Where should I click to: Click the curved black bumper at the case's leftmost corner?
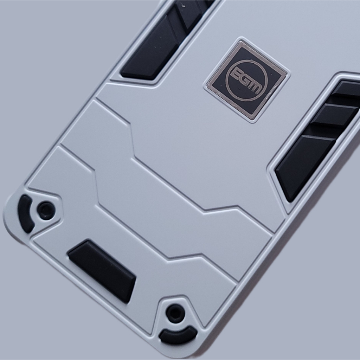click(26, 214)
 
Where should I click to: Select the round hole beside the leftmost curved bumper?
click(46, 211)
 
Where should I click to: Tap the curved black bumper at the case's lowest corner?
click(178, 335)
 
